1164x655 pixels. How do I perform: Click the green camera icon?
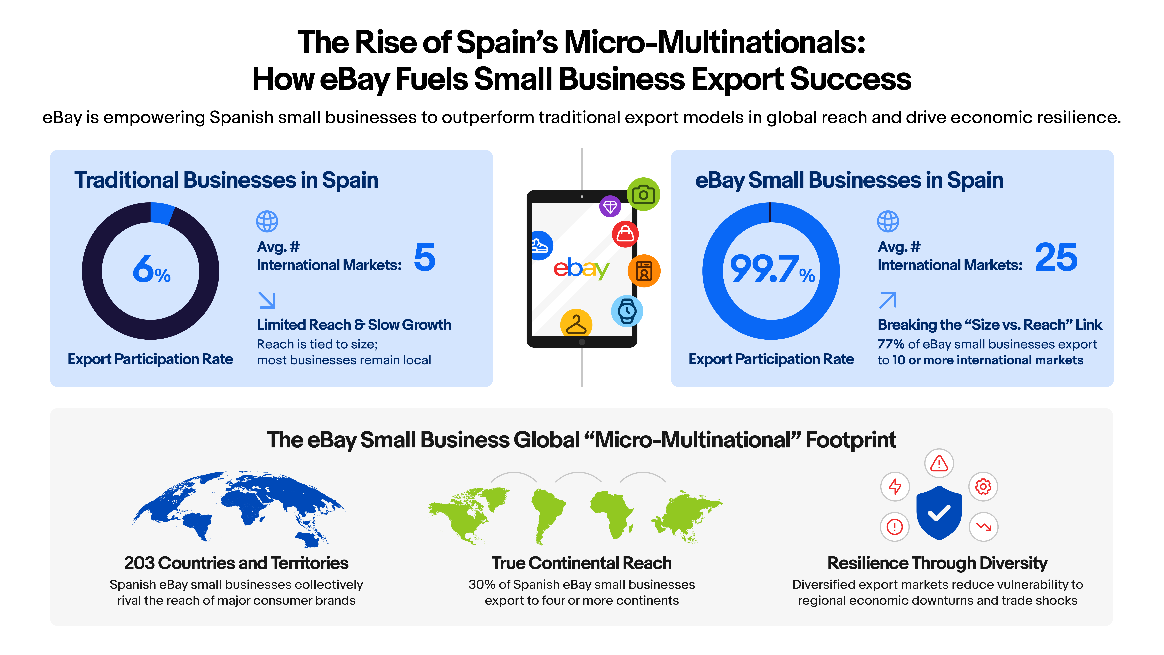643,194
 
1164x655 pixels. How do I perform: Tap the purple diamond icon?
610,207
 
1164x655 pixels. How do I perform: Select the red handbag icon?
625,234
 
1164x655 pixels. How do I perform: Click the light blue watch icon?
627,311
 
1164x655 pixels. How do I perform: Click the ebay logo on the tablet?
581,269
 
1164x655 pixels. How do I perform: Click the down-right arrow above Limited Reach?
267,300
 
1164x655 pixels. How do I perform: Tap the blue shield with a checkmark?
939,513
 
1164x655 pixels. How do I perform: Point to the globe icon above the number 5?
267,222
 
